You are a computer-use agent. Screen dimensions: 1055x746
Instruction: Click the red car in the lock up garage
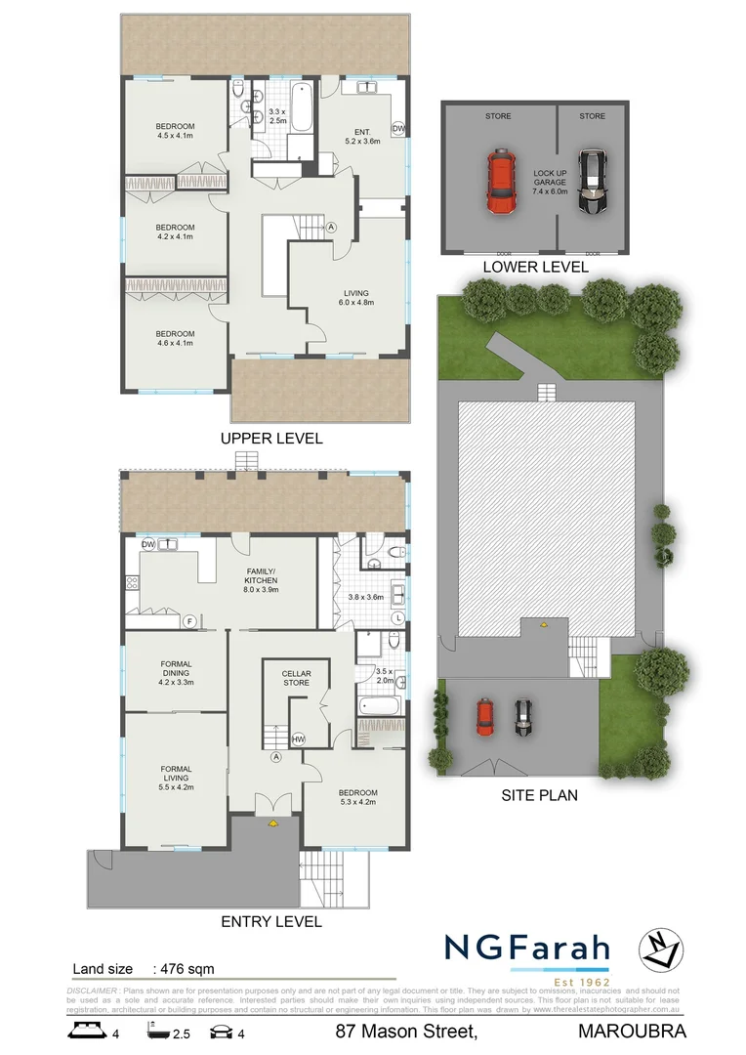coord(499,182)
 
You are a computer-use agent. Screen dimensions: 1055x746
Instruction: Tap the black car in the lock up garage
coord(592,182)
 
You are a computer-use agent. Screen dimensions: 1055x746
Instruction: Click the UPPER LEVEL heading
coord(271,439)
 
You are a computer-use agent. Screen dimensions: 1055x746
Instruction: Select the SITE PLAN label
coord(538,795)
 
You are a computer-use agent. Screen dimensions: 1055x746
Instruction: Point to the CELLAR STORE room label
coord(296,678)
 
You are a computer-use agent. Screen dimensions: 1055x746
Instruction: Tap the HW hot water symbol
coord(298,739)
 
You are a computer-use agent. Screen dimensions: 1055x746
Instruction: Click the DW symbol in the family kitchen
coord(148,544)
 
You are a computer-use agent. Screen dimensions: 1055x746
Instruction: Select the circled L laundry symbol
coord(398,619)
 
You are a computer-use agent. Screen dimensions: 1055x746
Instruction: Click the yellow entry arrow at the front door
coord(271,823)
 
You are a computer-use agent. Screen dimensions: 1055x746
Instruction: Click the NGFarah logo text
coord(527,948)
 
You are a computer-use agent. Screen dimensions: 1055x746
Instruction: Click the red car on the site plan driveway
coord(483,717)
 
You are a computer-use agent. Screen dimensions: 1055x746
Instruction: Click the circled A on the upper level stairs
coord(331,227)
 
